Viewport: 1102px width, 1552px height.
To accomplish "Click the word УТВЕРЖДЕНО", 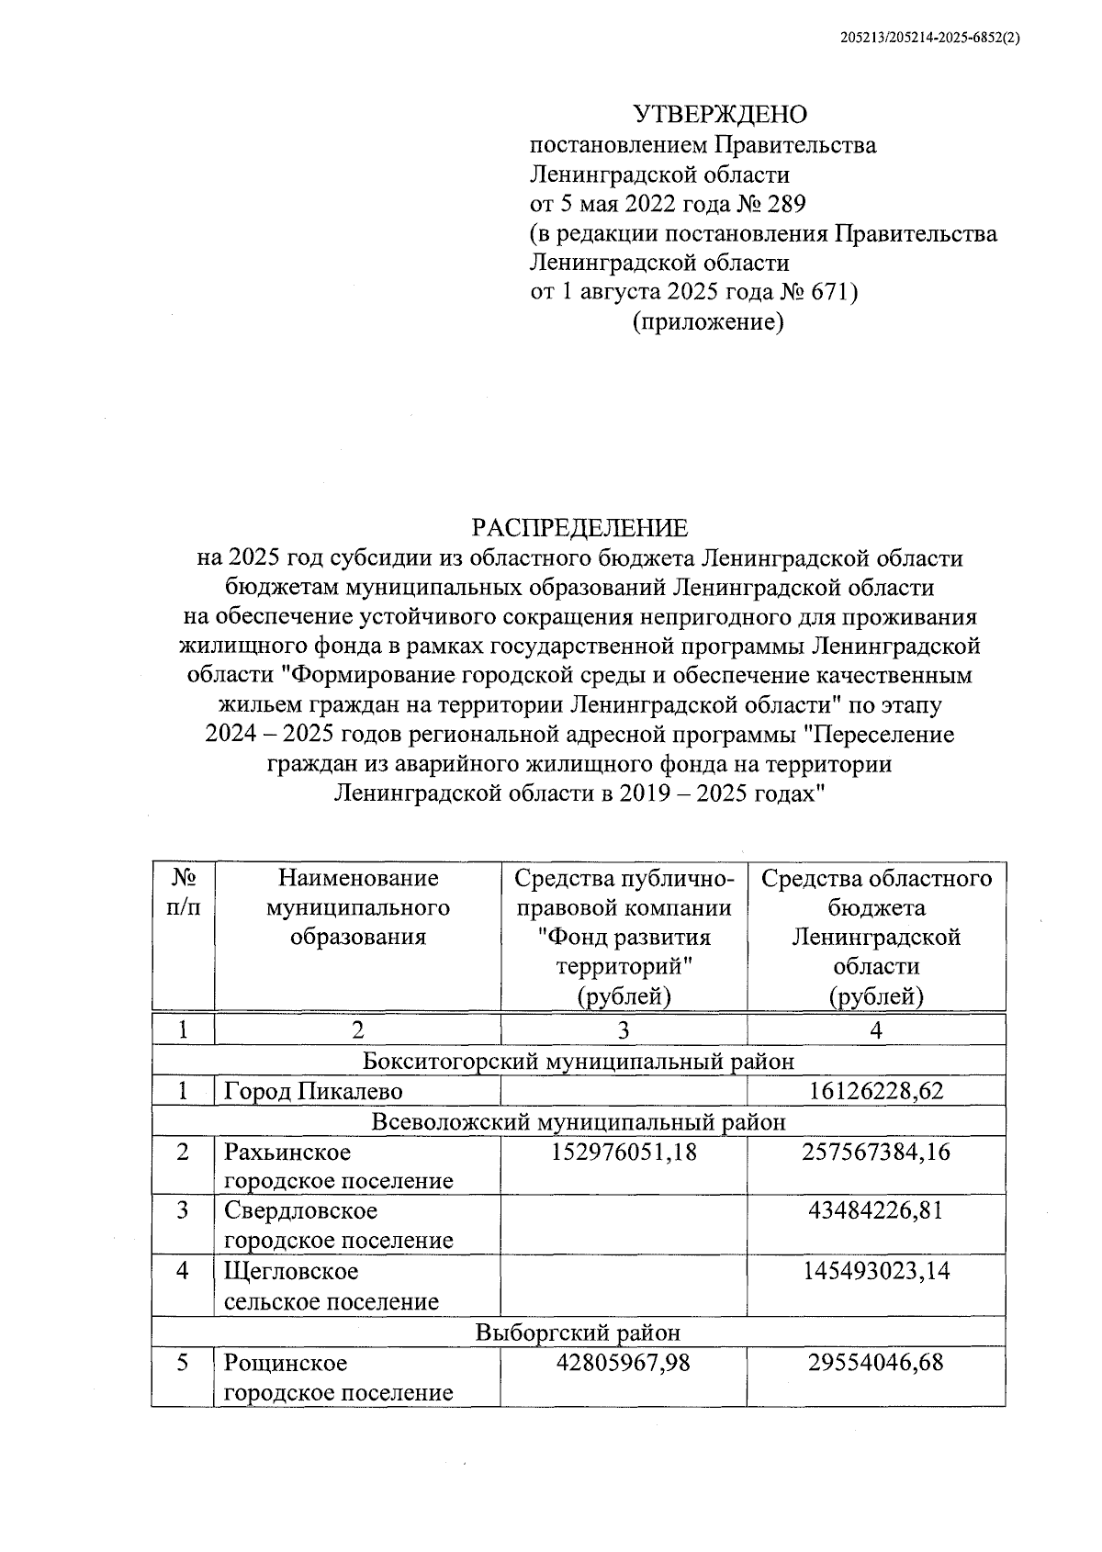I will [720, 115].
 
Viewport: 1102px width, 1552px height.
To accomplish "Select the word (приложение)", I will [707, 322].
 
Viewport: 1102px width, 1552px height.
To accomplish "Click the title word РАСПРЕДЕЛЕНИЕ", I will [579, 528].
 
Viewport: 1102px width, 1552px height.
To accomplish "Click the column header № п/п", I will [183, 893].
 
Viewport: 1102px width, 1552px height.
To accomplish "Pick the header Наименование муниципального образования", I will [358, 907].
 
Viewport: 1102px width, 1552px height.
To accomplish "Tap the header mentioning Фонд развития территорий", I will [624, 937].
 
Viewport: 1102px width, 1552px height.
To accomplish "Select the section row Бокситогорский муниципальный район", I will [579, 1061].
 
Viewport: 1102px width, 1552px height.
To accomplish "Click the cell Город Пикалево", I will [313, 1091].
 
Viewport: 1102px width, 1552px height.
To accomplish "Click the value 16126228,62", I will [876, 1091].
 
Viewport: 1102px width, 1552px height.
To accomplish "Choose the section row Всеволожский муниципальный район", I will [579, 1121].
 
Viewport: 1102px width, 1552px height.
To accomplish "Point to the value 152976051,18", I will [624, 1152].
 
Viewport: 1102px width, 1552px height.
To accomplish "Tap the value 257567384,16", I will [876, 1152].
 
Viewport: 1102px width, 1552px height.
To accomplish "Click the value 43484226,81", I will [876, 1210].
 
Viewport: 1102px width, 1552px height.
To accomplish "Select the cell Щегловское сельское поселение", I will [331, 1286].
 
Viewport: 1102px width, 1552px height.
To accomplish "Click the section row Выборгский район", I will [579, 1332].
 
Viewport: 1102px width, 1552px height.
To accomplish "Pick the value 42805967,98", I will [624, 1363].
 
